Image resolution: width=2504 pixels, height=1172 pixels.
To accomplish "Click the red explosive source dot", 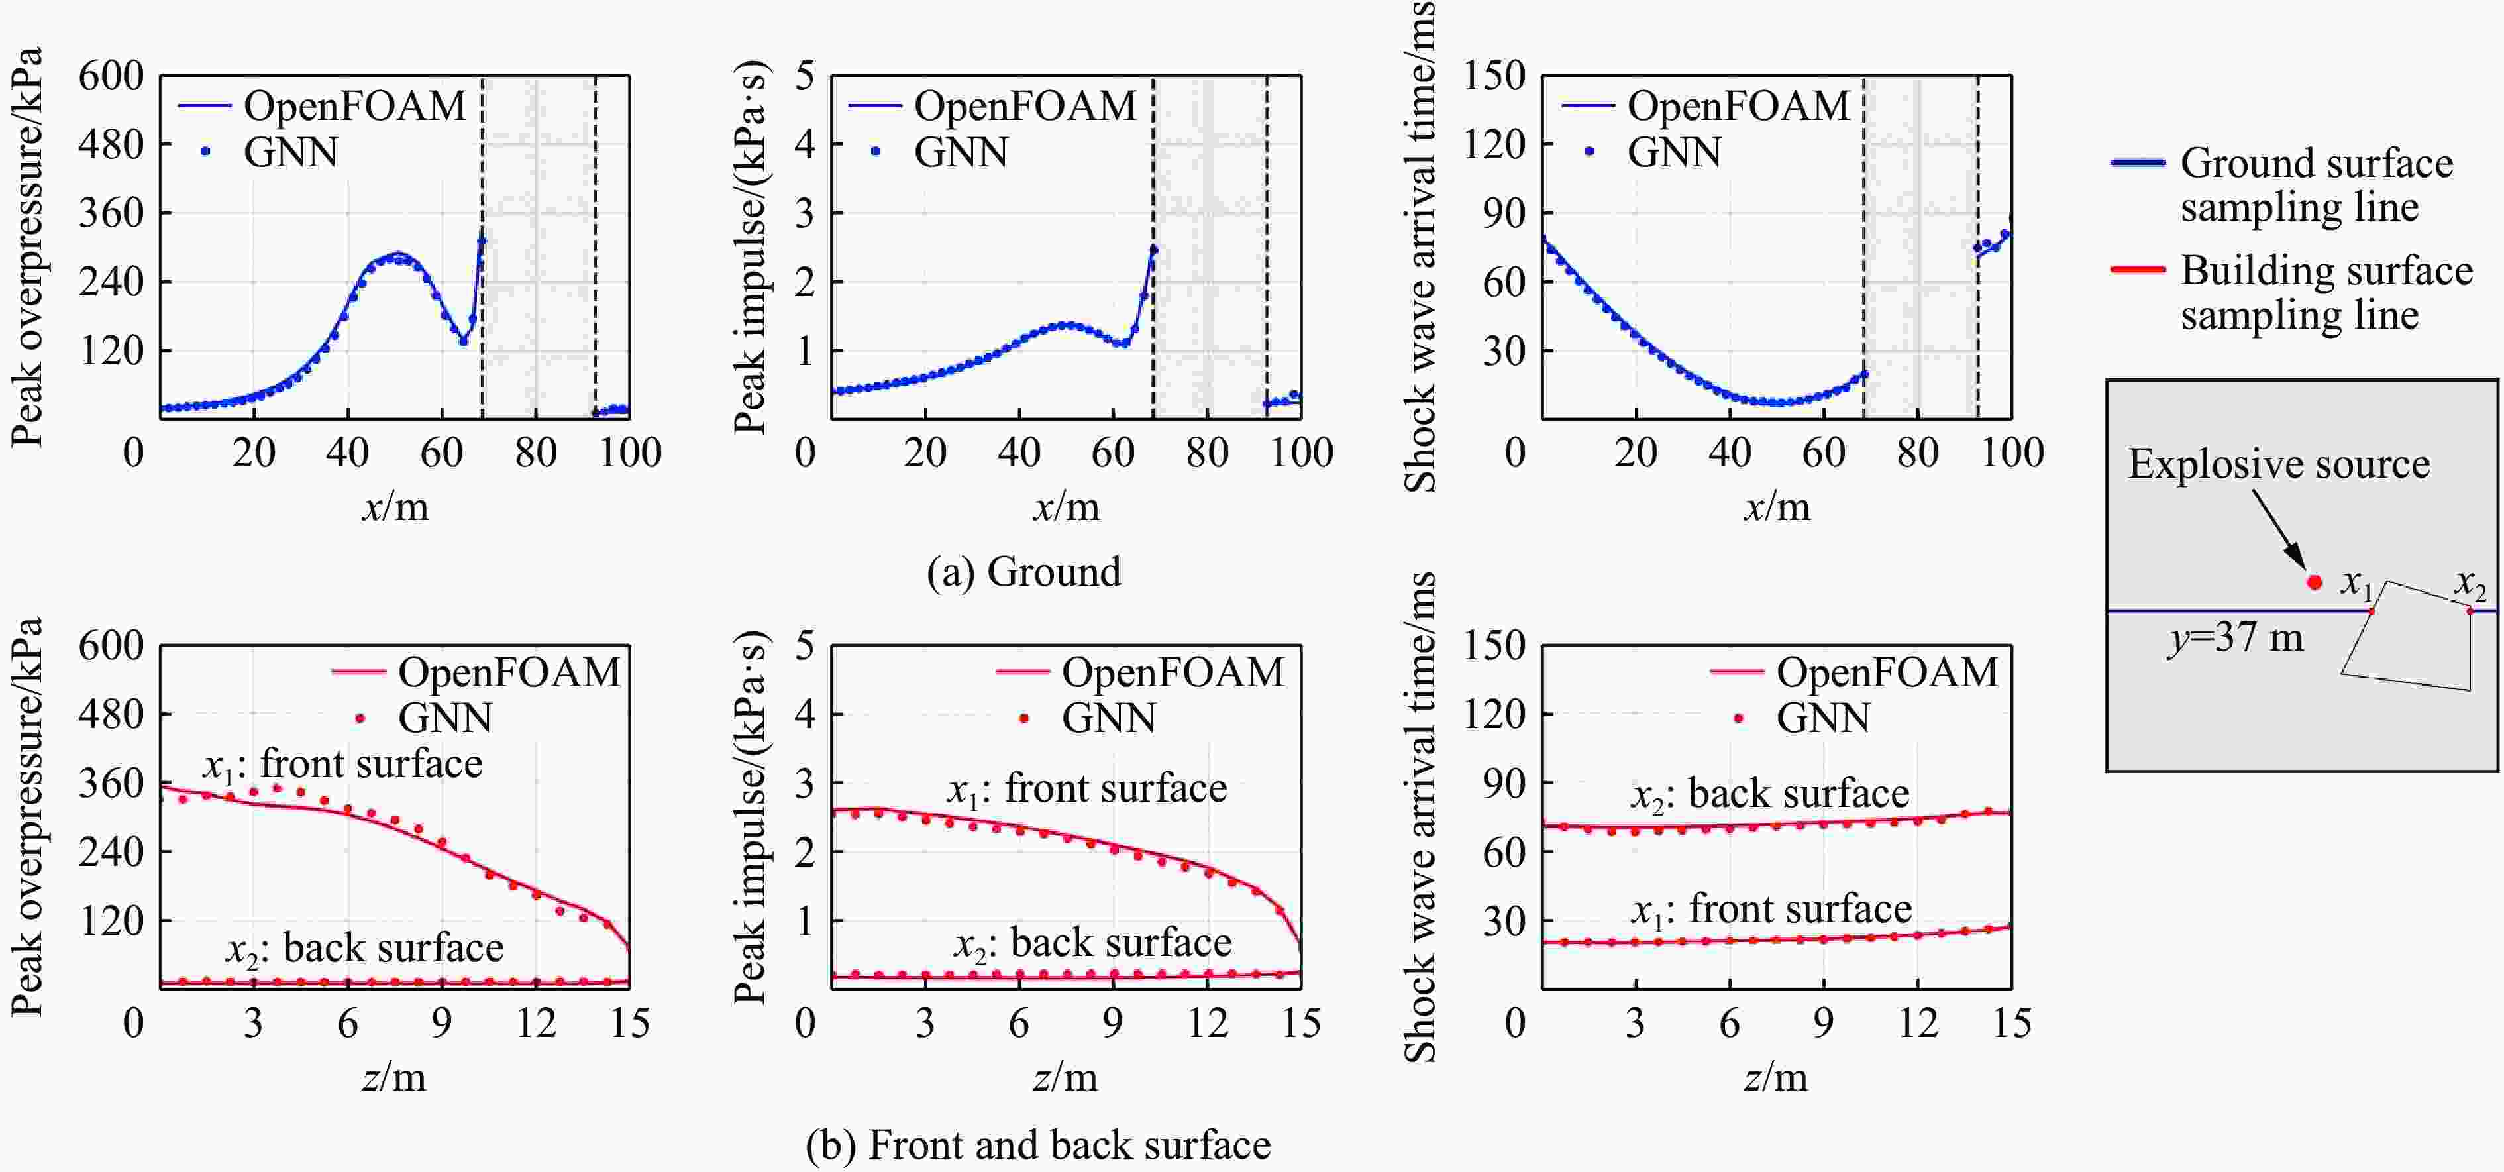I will [x=2315, y=582].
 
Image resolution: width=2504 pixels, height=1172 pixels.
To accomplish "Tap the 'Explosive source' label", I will [x=2279, y=464].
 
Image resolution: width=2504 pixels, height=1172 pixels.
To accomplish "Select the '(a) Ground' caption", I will [x=1023, y=571].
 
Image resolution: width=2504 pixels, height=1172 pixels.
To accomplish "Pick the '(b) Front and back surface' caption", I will [x=1038, y=1145].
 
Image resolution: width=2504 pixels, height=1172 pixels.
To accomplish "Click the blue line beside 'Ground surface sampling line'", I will [x=2138, y=162].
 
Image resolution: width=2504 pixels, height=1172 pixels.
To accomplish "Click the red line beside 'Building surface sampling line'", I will [x=2138, y=269].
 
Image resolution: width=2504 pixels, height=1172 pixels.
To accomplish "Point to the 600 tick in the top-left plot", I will [x=111, y=76].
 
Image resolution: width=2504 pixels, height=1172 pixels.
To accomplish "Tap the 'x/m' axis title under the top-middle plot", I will [x=1067, y=506].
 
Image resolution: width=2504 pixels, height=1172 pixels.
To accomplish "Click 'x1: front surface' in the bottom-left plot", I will [x=342, y=765].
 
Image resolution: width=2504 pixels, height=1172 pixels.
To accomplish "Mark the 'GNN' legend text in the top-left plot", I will [x=291, y=152].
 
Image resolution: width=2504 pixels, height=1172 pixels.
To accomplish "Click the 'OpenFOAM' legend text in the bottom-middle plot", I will [x=1173, y=672].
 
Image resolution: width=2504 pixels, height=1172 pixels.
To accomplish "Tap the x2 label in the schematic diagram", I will [x=2469, y=583].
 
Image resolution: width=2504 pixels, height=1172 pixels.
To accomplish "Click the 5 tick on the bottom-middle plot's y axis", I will [x=804, y=645].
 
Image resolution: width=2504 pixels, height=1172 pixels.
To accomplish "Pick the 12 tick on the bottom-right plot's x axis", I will [x=1918, y=1022].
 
